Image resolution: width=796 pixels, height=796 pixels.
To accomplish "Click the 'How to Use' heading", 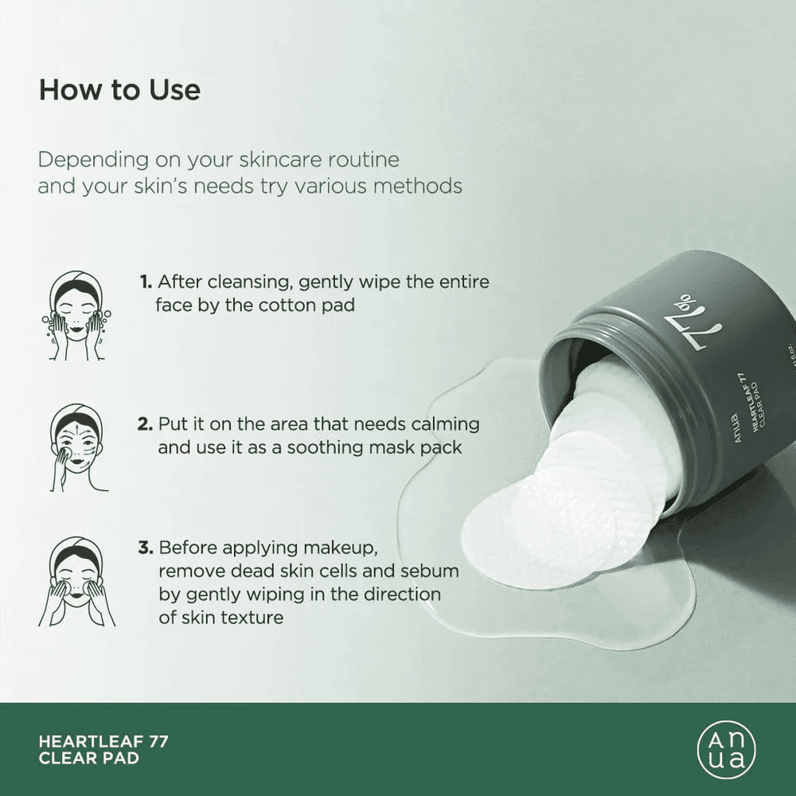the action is (x=120, y=90).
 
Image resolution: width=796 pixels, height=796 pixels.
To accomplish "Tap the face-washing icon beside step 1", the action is (x=76, y=315).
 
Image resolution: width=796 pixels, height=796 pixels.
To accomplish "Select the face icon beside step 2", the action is (x=77, y=447).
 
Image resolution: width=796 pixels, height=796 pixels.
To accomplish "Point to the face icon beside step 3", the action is (x=76, y=581).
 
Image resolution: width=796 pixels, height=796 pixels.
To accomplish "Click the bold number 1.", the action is (x=146, y=282).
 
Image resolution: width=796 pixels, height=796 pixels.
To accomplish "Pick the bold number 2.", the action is (x=145, y=424).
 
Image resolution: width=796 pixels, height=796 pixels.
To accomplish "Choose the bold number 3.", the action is (x=145, y=548).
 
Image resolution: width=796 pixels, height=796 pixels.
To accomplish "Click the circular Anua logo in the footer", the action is (x=726, y=749).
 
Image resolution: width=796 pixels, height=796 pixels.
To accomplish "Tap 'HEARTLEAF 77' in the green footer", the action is (x=103, y=741).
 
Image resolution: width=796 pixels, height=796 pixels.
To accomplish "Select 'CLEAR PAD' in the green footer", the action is (x=89, y=759).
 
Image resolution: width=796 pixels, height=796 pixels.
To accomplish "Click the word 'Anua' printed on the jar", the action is (x=738, y=428).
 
